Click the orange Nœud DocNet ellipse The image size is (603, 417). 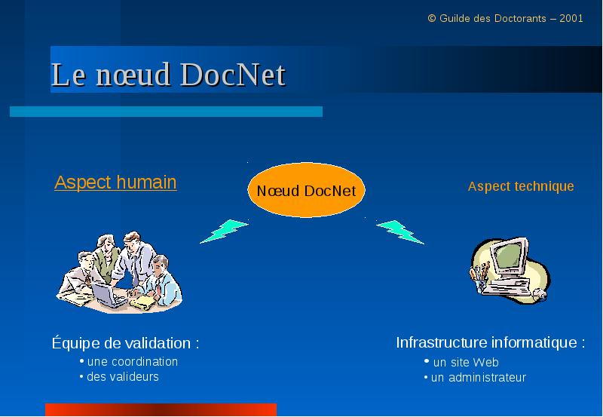pyautogui.click(x=306, y=190)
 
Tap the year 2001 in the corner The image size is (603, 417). pyautogui.click(x=571, y=18)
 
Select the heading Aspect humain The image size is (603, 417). pyautogui.click(x=115, y=182)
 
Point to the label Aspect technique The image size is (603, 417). pyautogui.click(x=521, y=186)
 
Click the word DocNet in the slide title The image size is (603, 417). pyautogui.click(x=233, y=74)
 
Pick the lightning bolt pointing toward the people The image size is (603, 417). pyautogui.click(x=224, y=231)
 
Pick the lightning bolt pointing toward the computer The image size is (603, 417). pyautogui.click(x=400, y=231)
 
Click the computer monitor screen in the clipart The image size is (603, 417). pyautogui.click(x=508, y=256)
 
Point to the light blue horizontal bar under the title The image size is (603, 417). pyautogui.click(x=166, y=112)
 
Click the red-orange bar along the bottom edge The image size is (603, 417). pyautogui.click(x=161, y=409)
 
